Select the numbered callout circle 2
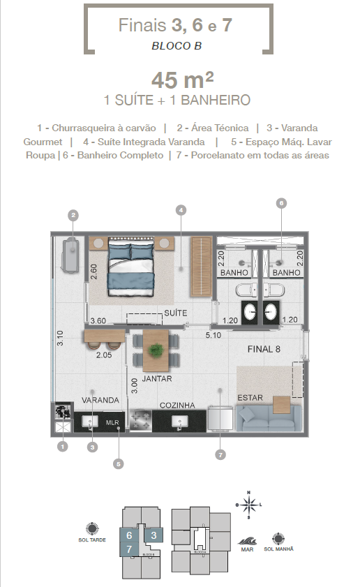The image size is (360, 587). coord(73,215)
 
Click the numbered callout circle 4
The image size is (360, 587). coord(180,209)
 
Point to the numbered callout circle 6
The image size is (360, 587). coord(282,203)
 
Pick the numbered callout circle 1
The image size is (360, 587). coord(63,445)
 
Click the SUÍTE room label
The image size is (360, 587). coord(176,313)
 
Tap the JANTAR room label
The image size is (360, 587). coord(157,379)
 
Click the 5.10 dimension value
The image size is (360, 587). coord(213,336)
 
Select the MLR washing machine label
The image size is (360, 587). coord(112,423)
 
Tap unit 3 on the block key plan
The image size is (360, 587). coord(154,535)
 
